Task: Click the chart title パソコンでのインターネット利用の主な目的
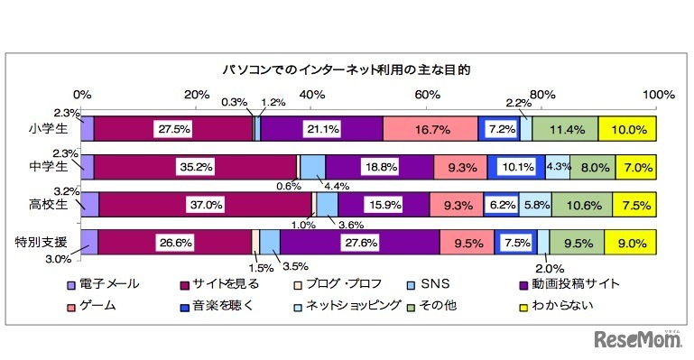(347, 69)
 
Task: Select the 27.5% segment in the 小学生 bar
(173, 129)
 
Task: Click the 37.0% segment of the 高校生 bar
(205, 205)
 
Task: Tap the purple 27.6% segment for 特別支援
(359, 242)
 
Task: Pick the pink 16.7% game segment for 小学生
(430, 129)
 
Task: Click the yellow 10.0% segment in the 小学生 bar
(627, 129)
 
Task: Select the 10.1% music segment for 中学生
(517, 167)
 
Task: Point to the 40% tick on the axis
(311, 95)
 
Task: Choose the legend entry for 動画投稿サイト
(568, 283)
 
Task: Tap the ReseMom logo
(636, 340)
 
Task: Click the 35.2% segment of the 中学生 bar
(195, 167)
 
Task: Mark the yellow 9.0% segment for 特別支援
(630, 242)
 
